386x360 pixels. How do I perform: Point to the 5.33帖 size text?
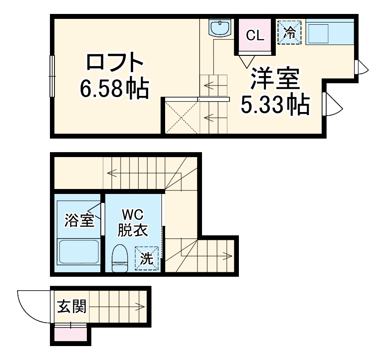point(275,105)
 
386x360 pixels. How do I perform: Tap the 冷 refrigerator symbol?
point(289,32)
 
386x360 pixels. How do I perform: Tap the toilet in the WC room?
point(120,258)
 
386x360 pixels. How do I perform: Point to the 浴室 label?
point(79,220)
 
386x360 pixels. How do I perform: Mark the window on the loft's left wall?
point(52,76)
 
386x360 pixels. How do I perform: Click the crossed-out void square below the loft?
point(181,117)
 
